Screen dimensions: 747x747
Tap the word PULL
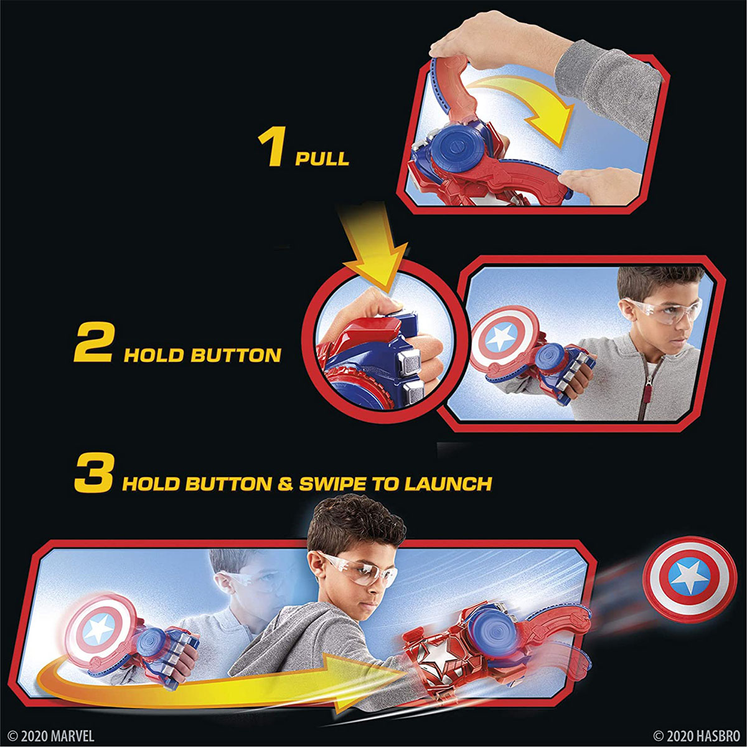pos(322,158)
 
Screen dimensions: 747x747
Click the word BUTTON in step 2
pos(235,355)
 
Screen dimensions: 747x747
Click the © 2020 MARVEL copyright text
pos(52,736)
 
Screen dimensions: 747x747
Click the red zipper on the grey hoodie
pos(645,392)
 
